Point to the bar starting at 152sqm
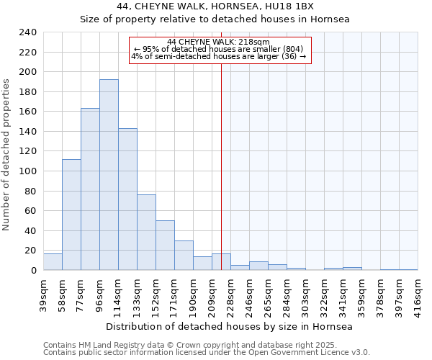[165, 246]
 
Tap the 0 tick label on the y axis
[33, 271]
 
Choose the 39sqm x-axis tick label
[44, 294]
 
